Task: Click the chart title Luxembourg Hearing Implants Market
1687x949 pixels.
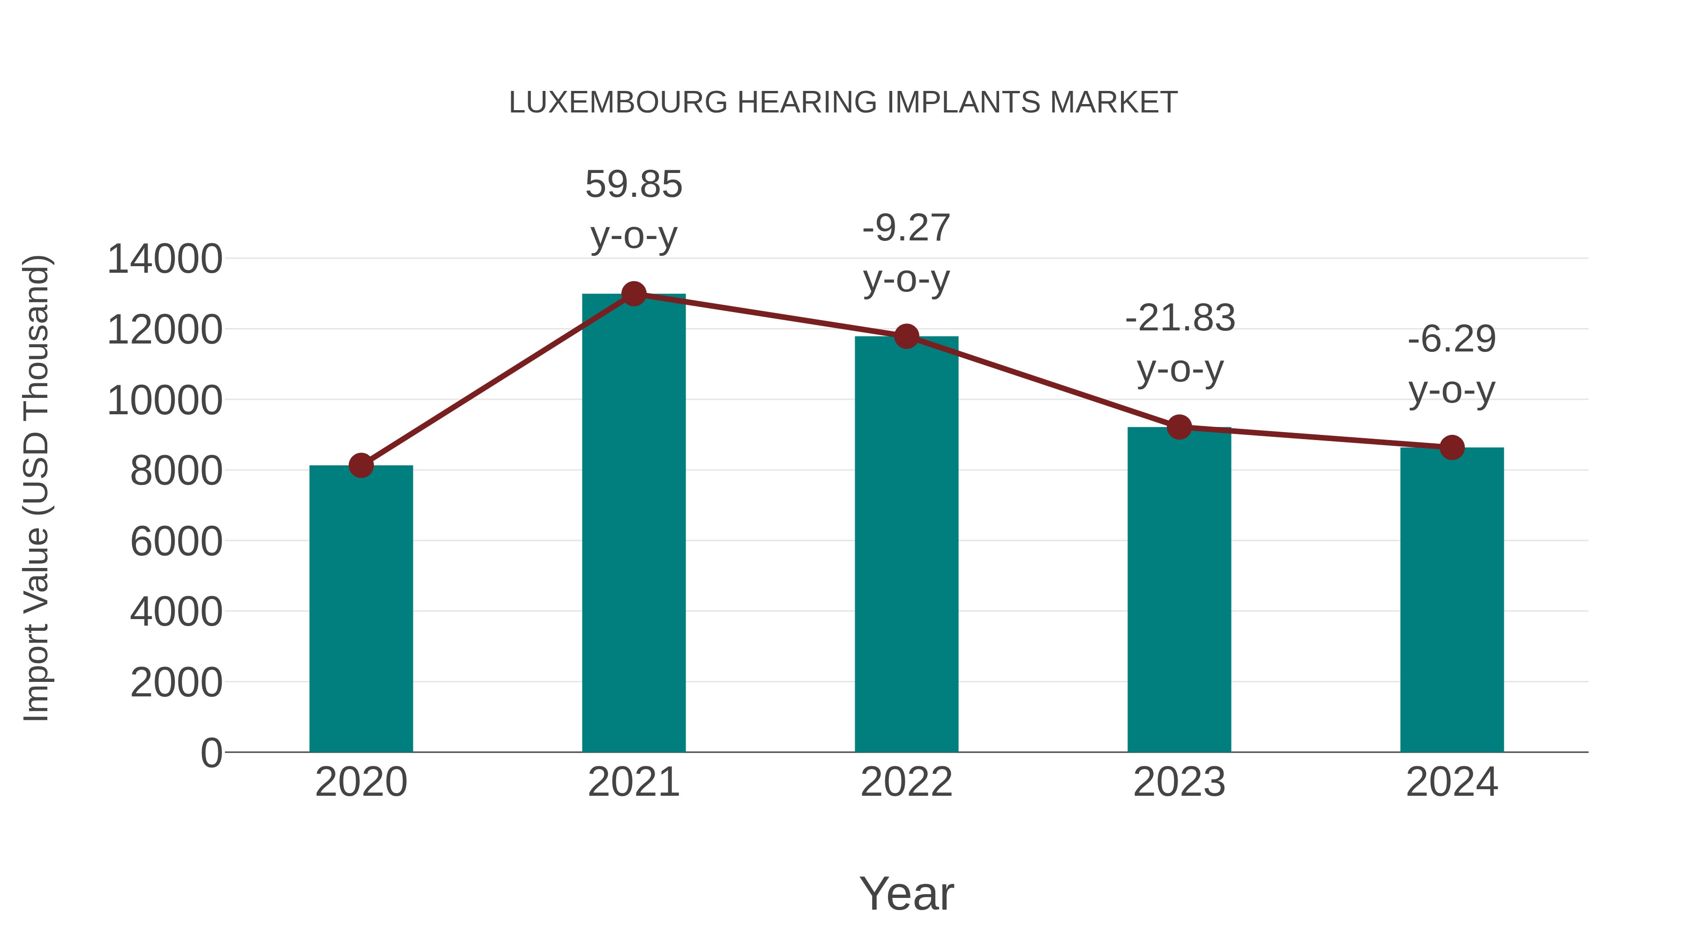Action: (843, 103)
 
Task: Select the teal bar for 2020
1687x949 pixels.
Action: (361, 609)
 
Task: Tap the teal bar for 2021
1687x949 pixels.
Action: (633, 524)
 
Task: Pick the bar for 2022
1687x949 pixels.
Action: (906, 544)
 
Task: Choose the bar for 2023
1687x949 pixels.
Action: (1179, 590)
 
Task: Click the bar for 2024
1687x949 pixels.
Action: (1452, 599)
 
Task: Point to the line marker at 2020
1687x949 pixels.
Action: (361, 466)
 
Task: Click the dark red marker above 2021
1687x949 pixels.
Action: (633, 294)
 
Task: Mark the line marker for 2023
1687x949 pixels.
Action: (1179, 427)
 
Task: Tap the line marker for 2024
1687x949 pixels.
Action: (1452, 448)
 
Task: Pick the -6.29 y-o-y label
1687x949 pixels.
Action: (1452, 364)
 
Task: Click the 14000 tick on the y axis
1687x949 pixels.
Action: (164, 259)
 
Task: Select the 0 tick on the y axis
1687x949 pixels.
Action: (211, 753)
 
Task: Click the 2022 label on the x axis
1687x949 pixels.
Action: (906, 782)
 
